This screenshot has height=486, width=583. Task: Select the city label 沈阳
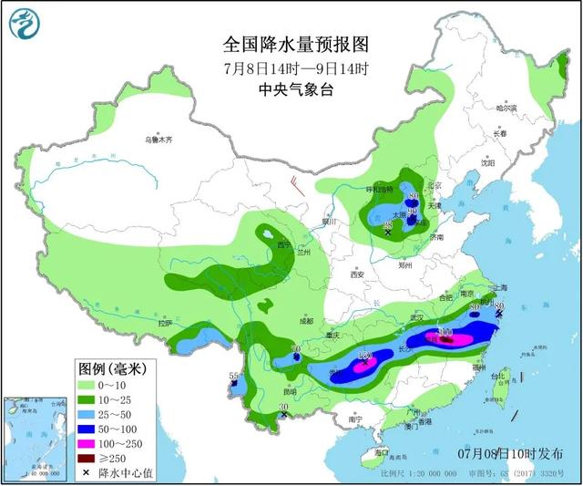point(474,164)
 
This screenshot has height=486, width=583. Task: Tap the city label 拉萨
point(164,323)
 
